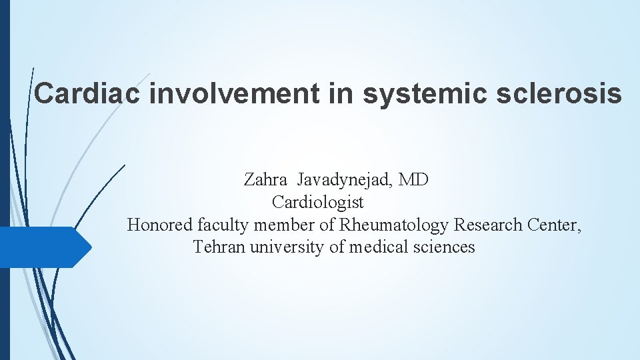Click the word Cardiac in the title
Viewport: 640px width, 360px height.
click(x=87, y=93)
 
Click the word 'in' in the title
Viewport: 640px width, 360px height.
click(x=340, y=93)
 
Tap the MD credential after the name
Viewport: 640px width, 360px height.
click(x=413, y=180)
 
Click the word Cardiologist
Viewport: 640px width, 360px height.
click(x=318, y=202)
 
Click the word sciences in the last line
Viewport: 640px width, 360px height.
click(x=443, y=247)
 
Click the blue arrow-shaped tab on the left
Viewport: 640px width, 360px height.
click(x=43, y=247)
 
